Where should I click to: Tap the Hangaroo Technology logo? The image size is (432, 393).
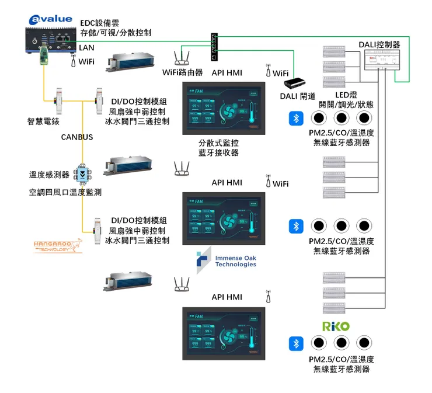click(x=58, y=246)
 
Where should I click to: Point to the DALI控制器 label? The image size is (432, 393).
click(x=379, y=44)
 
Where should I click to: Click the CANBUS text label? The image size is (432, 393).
click(x=77, y=137)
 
